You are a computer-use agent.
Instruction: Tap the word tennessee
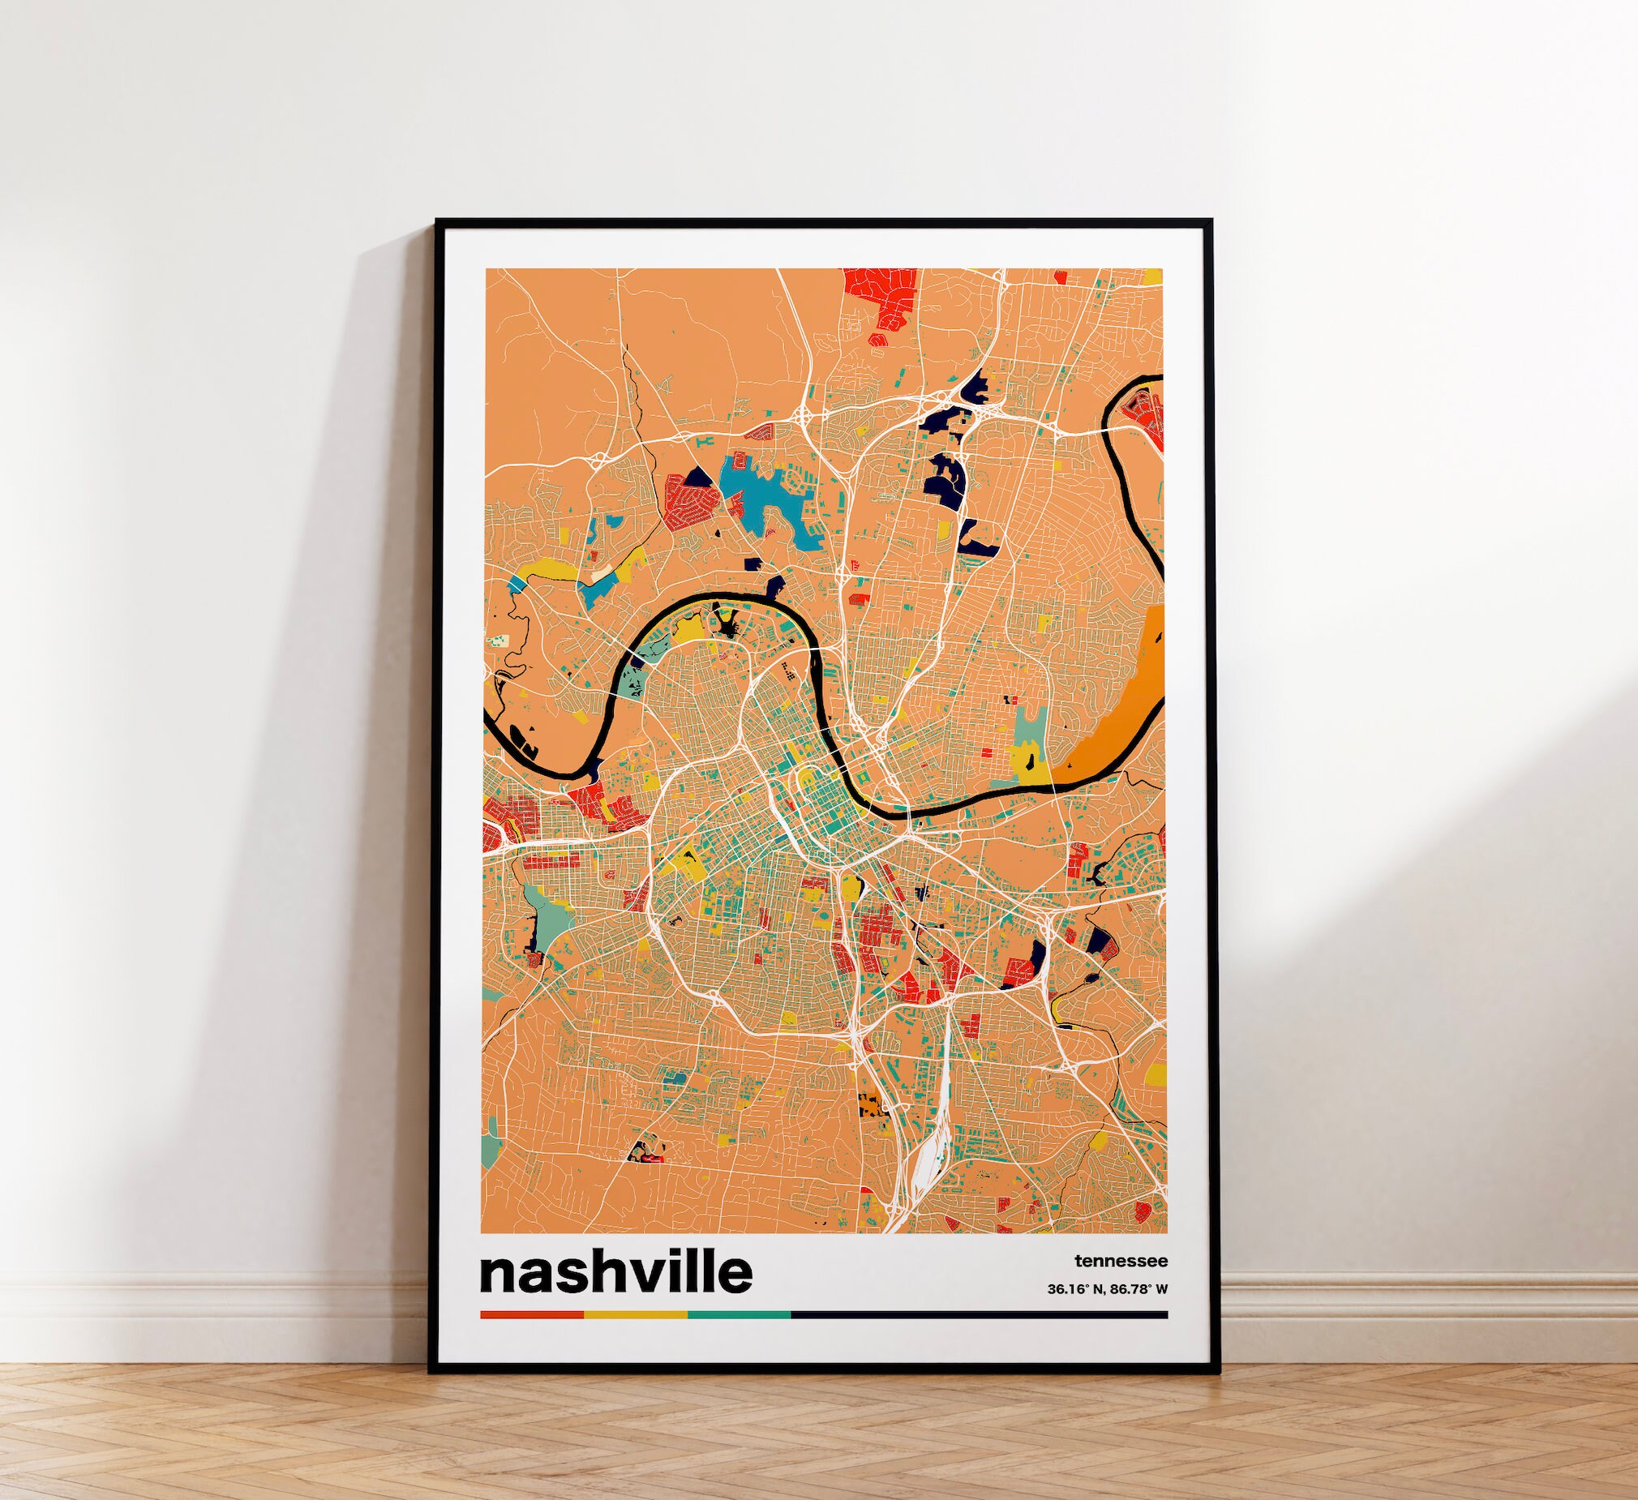(x=1121, y=1261)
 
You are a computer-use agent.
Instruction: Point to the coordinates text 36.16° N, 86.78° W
(x=1107, y=1288)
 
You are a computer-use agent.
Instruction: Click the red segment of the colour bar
(x=531, y=1314)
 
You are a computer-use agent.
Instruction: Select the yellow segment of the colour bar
(x=636, y=1314)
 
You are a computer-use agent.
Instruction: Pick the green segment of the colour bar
(x=739, y=1314)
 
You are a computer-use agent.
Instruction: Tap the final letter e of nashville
(x=734, y=1275)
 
